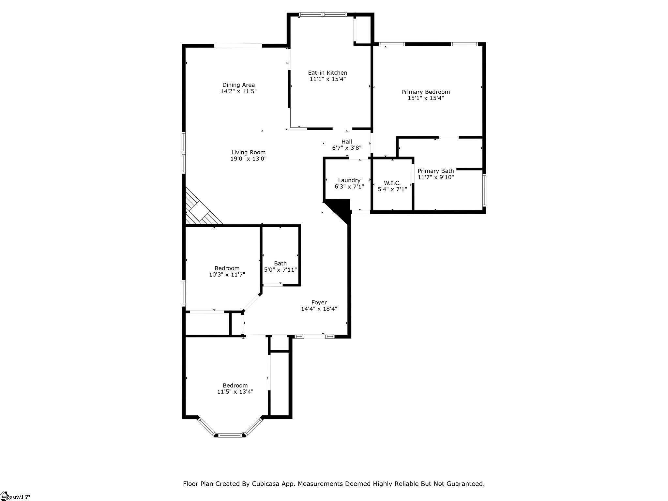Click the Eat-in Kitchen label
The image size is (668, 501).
pyautogui.click(x=327, y=73)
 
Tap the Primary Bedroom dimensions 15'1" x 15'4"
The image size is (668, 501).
pyautogui.click(x=426, y=98)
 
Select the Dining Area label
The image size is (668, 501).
pyautogui.click(x=238, y=85)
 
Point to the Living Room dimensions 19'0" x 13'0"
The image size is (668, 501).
pyautogui.click(x=249, y=159)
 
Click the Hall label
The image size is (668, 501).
pyautogui.click(x=347, y=142)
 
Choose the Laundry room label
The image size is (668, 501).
pyautogui.click(x=349, y=180)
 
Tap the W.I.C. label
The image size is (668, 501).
pyautogui.click(x=392, y=183)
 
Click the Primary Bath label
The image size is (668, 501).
pyautogui.click(x=436, y=171)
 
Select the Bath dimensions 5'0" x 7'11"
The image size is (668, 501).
pyautogui.click(x=281, y=270)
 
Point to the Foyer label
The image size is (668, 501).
pyautogui.click(x=319, y=302)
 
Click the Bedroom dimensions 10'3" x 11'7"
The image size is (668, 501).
pyautogui.click(x=227, y=275)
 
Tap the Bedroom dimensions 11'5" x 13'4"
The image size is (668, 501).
pyautogui.click(x=235, y=392)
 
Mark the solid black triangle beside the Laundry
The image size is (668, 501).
pyautogui.click(x=338, y=211)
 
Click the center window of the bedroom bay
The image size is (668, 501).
pyautogui.click(x=230, y=435)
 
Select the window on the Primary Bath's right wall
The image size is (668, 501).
pyautogui.click(x=484, y=190)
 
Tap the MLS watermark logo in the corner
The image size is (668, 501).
pyautogui.click(x=15, y=496)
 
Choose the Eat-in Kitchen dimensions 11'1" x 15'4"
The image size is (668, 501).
pyautogui.click(x=327, y=79)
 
